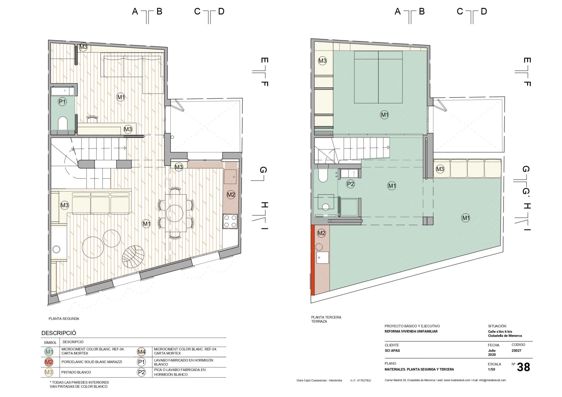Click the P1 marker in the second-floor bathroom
point(62,102)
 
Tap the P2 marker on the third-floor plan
point(350,184)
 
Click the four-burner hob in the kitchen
point(230,221)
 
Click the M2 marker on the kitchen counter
point(231,195)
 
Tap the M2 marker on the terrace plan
point(321,233)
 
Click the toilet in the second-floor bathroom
point(63,123)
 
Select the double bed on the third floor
point(378,77)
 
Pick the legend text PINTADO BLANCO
point(76,372)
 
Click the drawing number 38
point(523,367)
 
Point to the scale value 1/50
point(491,369)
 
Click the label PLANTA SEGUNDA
point(64,319)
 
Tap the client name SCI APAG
point(392,350)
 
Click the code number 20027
point(516,350)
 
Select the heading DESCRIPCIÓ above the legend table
point(59,333)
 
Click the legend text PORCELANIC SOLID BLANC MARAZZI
point(92,362)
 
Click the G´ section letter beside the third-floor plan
point(526,192)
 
